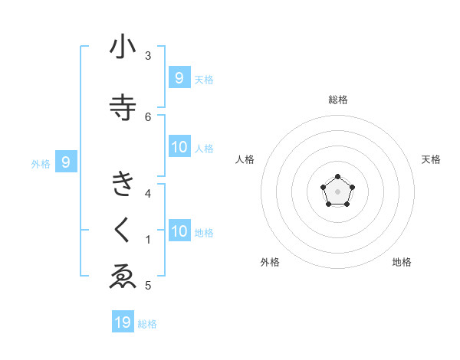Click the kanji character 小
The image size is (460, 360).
(123, 47)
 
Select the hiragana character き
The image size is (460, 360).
(123, 185)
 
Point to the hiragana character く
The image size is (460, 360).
(123, 230)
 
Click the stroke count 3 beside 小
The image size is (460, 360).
(148, 56)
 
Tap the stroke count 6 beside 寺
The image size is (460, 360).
(148, 116)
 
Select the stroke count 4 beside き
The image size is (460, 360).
(148, 193)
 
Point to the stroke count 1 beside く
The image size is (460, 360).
(148, 240)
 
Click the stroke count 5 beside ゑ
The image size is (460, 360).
(148, 286)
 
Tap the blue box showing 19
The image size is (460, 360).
(123, 322)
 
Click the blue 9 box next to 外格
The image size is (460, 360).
(66, 162)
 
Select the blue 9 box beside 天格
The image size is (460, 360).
(179, 77)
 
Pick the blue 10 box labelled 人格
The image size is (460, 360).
(179, 147)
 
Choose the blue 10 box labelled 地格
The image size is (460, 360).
(179, 231)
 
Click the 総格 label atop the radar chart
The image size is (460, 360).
(338, 100)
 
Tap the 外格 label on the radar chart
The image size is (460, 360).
(270, 262)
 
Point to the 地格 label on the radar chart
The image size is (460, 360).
(402, 262)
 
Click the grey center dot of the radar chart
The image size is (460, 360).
(338, 191)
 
